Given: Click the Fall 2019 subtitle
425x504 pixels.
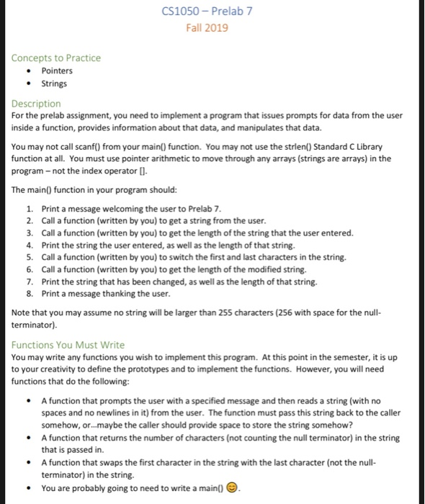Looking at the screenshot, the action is pos(207,27).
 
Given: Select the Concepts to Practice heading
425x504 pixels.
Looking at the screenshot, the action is pos(56,58).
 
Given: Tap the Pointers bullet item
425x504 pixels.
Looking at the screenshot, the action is pos(57,71).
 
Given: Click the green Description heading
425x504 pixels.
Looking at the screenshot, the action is pos(36,104).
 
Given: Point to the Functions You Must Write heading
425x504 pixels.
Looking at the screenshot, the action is pos(68,345).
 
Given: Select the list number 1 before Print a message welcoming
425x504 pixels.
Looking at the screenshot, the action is pos(29,207).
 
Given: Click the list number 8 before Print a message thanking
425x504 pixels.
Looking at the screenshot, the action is pos(29,294).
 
